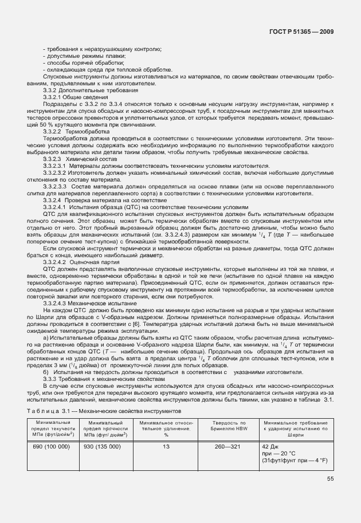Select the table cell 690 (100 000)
coord(52,446)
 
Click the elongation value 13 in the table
coord(166,446)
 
